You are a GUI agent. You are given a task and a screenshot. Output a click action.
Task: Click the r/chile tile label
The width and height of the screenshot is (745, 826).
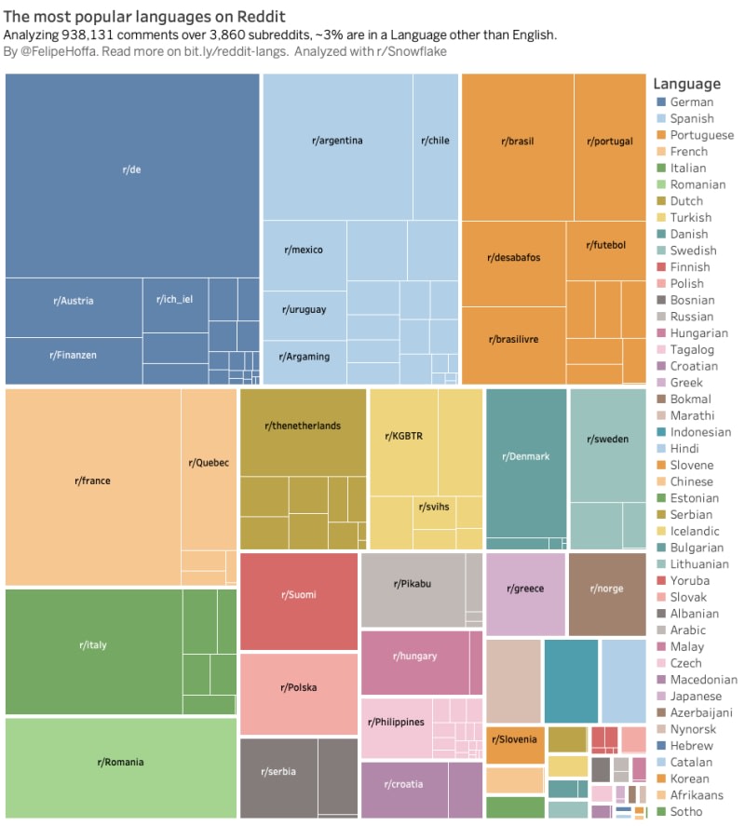[435, 141]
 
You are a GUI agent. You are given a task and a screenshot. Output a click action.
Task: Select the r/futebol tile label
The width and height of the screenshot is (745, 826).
[606, 245]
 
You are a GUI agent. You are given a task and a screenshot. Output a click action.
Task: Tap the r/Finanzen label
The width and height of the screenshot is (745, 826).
[74, 355]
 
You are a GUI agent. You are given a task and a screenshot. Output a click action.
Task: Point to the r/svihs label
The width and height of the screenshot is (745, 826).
[434, 507]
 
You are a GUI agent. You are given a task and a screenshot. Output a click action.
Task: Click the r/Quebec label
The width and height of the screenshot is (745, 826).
[209, 463]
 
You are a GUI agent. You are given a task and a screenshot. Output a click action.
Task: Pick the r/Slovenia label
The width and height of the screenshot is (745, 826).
[514, 739]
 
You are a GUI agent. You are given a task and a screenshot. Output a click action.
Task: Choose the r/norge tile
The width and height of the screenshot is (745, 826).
[607, 594]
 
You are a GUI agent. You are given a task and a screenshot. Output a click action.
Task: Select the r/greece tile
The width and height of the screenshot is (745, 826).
[525, 594]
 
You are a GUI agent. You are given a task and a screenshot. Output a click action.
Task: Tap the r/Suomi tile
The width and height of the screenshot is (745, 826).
[299, 602]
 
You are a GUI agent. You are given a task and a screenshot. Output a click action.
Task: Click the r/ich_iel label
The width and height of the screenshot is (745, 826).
[174, 299]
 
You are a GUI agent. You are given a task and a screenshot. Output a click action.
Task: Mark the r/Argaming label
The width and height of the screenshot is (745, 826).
[305, 357]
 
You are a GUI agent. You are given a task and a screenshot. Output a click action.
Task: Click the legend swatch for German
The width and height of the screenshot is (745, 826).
[661, 102]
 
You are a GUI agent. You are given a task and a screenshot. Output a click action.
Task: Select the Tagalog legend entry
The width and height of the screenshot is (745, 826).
[685, 350]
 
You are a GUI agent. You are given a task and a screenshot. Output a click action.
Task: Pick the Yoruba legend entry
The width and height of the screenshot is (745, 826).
[683, 580]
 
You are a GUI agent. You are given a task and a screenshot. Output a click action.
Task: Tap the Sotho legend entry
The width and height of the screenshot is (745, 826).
[680, 811]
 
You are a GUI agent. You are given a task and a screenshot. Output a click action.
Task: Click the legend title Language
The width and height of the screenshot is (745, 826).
[686, 84]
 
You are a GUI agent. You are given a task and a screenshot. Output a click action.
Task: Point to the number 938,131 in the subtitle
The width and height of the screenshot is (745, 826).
[88, 35]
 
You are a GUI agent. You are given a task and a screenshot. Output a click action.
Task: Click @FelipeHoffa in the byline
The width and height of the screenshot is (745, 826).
[58, 51]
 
